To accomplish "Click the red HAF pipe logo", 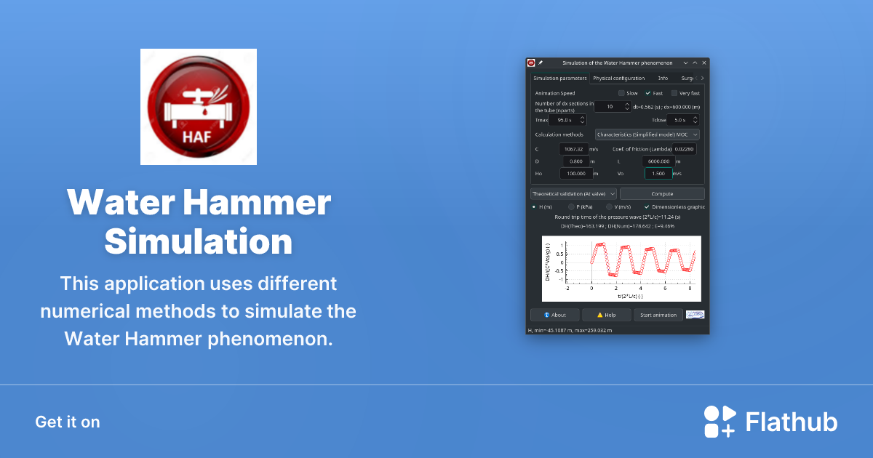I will click(198, 106).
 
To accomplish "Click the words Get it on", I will click(68, 422).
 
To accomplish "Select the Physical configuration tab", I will click(618, 79).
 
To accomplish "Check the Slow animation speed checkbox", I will click(621, 93).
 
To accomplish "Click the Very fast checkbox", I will click(674, 93).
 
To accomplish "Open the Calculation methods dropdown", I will click(647, 134).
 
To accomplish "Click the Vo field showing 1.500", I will click(658, 173).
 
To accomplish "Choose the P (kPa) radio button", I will click(571, 206).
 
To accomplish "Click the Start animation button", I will click(658, 315).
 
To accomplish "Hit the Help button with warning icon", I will click(606, 315).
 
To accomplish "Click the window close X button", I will click(703, 63).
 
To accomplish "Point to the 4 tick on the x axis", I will click(640, 288).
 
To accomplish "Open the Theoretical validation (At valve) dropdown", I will click(573, 194).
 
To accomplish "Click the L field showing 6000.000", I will click(658, 161).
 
